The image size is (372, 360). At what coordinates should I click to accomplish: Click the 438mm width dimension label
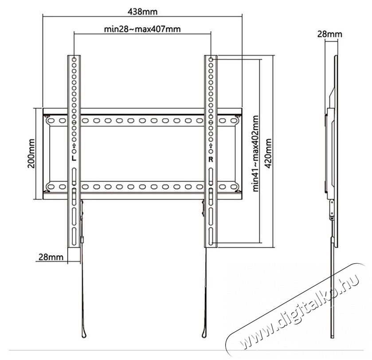(142, 10)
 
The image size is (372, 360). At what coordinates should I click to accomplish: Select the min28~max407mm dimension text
(142, 29)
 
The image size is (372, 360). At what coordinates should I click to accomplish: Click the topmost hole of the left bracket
(74, 59)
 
